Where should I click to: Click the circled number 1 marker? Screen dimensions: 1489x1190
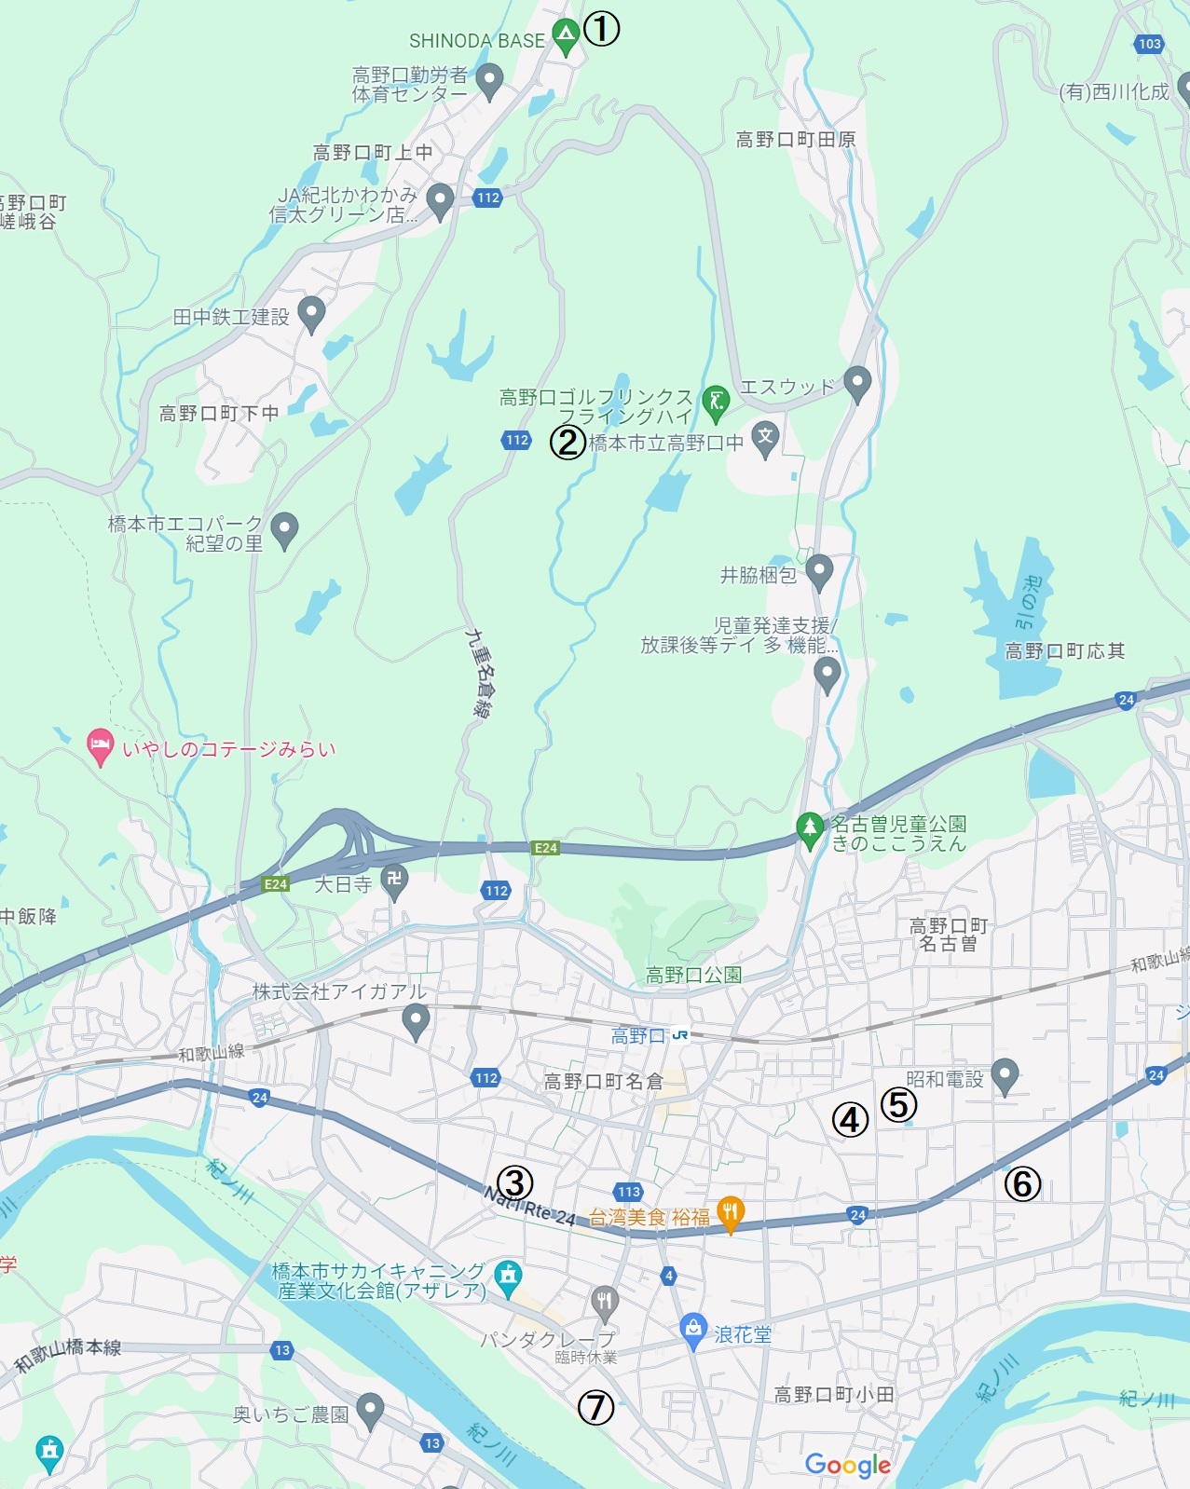601,29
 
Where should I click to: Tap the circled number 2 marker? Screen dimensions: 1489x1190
568,442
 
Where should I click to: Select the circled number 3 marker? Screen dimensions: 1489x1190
514,1183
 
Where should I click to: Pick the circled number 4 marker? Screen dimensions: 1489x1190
850,1120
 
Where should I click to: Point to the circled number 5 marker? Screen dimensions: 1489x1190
898,1104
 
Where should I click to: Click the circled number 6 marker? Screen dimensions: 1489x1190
1022,1184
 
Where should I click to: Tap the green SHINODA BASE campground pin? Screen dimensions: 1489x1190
566,36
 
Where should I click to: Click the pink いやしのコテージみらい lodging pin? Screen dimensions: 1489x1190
100,746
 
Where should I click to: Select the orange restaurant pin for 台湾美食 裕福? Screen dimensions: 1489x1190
731,1213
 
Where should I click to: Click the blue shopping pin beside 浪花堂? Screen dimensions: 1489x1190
693,1331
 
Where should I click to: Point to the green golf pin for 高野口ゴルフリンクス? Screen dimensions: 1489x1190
716,403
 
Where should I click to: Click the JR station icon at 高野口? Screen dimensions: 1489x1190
680,1035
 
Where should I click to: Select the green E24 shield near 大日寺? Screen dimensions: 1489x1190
275,884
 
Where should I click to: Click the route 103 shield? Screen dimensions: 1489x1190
1150,44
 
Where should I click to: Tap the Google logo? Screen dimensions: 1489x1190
847,1465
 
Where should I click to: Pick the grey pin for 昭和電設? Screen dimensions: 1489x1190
1004,1076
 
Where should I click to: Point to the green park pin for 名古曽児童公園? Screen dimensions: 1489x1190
809,828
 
